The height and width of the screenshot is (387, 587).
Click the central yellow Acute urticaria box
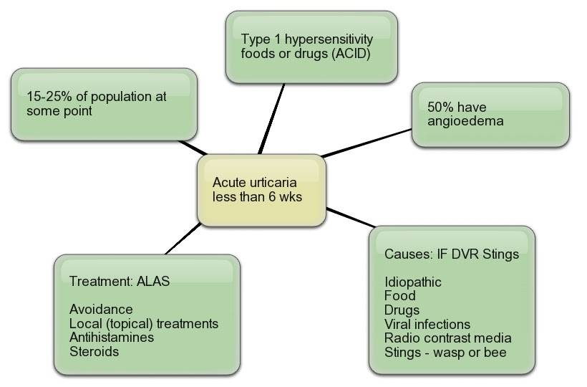[x=261, y=189]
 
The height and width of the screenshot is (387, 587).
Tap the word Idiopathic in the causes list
[x=412, y=282]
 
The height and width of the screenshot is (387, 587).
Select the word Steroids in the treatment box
[x=94, y=351]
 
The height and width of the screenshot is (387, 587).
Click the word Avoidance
[x=101, y=309]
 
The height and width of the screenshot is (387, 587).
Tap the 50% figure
[x=440, y=107]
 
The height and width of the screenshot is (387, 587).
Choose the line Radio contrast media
[x=448, y=338]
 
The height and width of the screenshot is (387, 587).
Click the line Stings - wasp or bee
[x=445, y=352]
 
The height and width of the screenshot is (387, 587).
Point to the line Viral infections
[x=427, y=324]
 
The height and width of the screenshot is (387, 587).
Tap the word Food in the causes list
[x=399, y=295]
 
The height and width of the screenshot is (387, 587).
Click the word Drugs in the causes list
[x=402, y=310]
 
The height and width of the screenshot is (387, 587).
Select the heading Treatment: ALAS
[x=120, y=281]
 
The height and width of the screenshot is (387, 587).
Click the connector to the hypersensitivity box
[x=272, y=118]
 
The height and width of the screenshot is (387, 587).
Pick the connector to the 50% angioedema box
[x=367, y=143]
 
